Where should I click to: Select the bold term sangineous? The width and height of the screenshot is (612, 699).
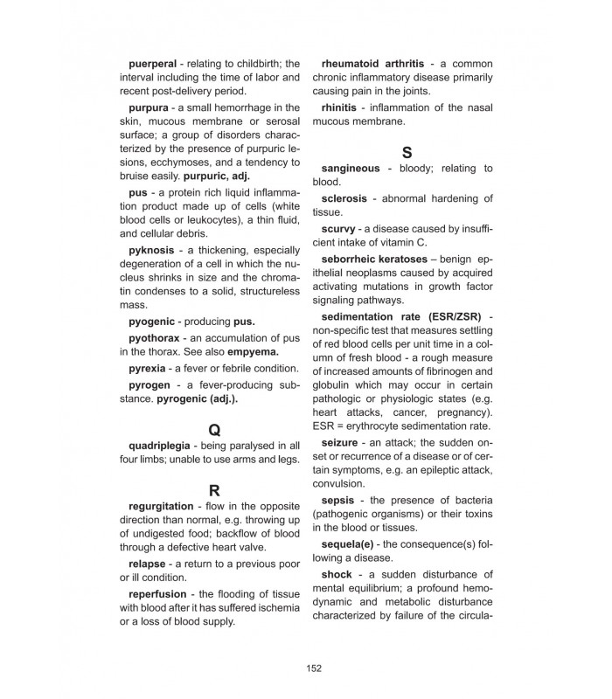click(351, 168)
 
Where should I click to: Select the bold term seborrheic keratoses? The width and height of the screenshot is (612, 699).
click(374, 259)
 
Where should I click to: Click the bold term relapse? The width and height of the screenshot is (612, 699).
click(151, 564)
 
